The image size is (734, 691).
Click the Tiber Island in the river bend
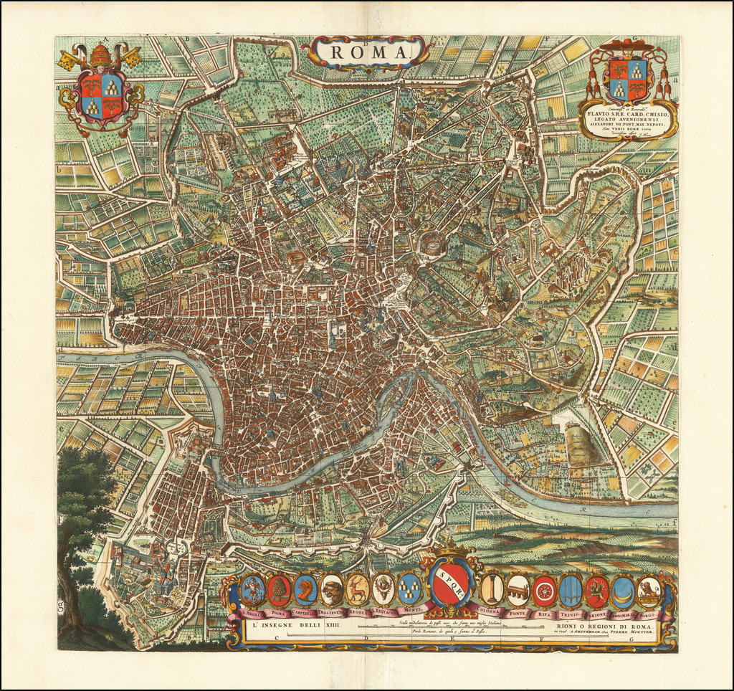(402, 401)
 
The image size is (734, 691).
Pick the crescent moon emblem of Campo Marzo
(622, 591)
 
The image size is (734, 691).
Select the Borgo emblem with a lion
(649, 591)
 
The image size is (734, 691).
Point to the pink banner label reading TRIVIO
(571, 614)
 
